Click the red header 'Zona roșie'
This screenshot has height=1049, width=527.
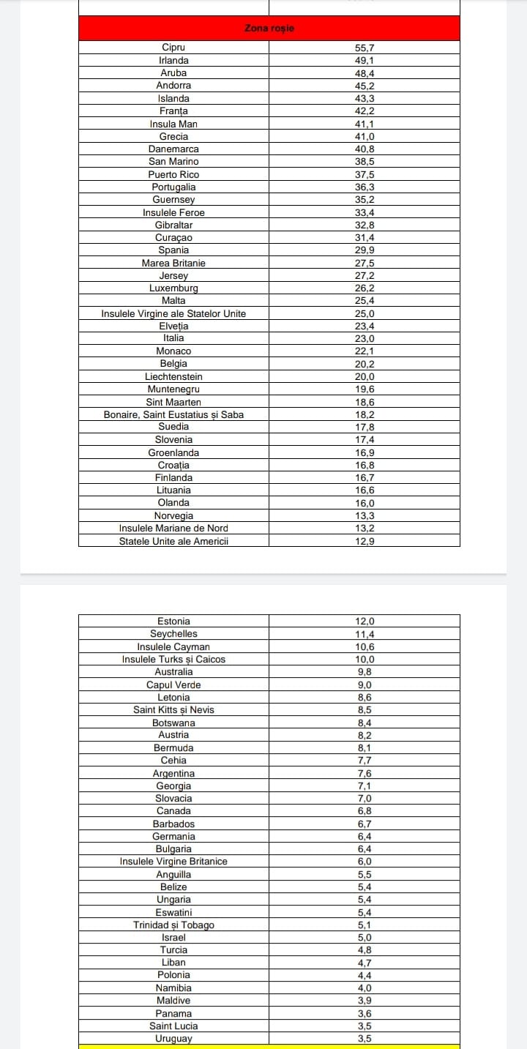[x=269, y=29]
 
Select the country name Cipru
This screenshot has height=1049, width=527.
[x=173, y=48]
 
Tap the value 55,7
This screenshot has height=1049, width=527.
[x=365, y=48]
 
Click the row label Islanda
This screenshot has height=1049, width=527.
[x=173, y=98]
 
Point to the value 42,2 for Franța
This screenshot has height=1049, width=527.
[x=365, y=111]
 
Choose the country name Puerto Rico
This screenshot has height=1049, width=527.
[x=173, y=174]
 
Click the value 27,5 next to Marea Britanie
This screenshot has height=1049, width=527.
[x=365, y=263]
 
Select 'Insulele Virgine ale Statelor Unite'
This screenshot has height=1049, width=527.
[x=173, y=313]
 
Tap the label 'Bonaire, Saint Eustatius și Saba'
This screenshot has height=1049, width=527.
[x=173, y=414]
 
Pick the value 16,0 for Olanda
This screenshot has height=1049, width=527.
[x=365, y=503]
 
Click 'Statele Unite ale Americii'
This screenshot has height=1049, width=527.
[x=173, y=541]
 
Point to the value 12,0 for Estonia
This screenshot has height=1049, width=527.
[x=365, y=621]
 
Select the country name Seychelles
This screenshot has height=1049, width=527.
[x=173, y=634]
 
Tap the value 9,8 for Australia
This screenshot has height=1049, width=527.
[x=365, y=672]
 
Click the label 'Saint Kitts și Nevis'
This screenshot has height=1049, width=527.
[x=173, y=710]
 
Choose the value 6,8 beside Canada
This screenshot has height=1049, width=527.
[x=365, y=811]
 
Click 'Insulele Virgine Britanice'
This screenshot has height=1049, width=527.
[x=173, y=862]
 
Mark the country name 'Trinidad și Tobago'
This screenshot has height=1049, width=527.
[x=173, y=925]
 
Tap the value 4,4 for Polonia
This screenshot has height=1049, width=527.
[x=365, y=975]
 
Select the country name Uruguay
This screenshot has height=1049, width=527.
[x=173, y=1039]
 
